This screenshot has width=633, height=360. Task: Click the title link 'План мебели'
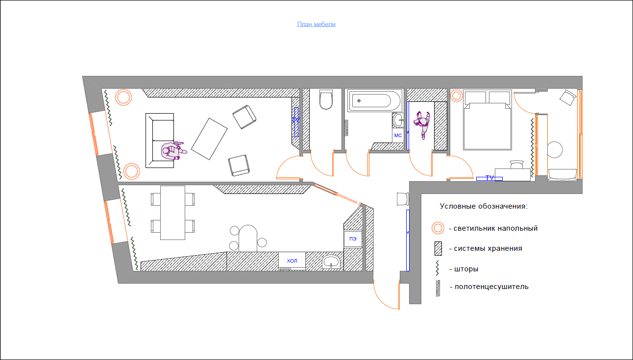[316, 24]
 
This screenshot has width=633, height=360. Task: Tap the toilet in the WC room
[326, 99]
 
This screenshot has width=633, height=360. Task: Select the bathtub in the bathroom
[375, 100]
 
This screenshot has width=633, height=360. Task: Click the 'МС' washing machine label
[398, 136]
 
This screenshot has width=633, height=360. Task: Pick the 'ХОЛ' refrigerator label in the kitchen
[292, 261]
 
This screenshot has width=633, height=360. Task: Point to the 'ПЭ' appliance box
[353, 239]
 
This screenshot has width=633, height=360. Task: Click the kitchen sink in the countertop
[331, 262]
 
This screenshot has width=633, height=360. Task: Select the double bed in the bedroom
[487, 120]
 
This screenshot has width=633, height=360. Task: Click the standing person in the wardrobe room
[422, 124]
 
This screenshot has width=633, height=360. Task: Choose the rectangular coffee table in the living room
[209, 139]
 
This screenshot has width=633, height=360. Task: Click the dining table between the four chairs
[172, 213]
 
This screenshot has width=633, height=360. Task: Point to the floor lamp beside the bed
[456, 96]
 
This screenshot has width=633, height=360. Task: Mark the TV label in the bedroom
[489, 178]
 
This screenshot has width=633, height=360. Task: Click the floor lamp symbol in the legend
[438, 228]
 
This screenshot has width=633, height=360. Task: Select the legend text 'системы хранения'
[488, 248]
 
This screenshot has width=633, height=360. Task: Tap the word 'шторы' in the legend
[466, 269]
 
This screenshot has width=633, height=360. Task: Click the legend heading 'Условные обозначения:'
[484, 206]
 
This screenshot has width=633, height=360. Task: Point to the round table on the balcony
[555, 149]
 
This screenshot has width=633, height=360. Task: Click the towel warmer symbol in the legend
[438, 288]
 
